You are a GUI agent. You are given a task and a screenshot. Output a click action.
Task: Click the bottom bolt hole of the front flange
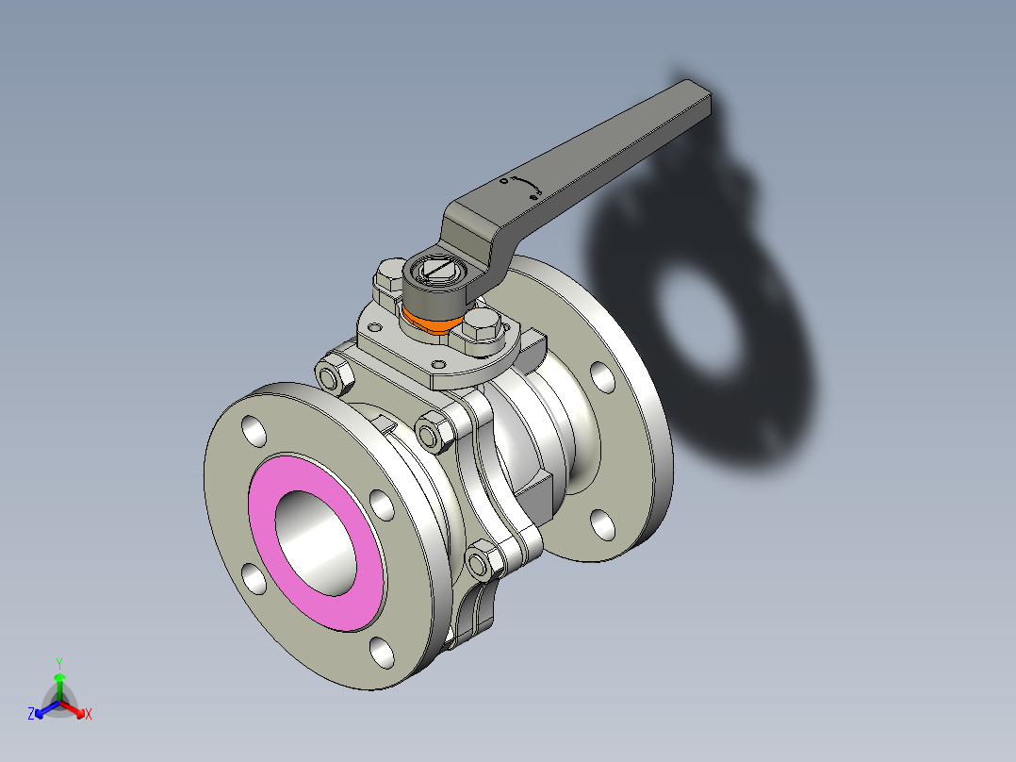click(x=382, y=652)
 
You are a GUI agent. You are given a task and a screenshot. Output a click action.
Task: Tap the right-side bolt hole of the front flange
click(x=383, y=504)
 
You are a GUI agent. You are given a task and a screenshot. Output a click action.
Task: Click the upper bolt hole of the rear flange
click(x=601, y=375)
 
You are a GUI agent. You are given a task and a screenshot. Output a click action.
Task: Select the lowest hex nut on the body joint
click(x=481, y=564)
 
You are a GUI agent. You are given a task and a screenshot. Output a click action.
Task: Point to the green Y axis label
click(x=59, y=663)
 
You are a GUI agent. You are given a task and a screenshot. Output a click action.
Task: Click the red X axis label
click(x=89, y=715)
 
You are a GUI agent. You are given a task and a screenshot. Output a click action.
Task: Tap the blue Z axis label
click(x=31, y=715)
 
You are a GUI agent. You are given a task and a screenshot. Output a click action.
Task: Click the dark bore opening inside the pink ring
click(x=316, y=542)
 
